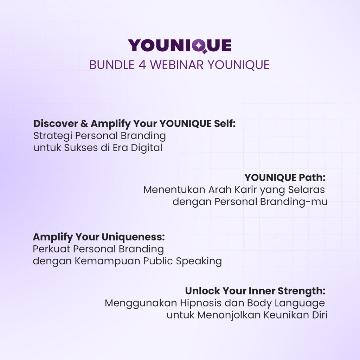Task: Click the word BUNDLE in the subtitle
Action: (112, 65)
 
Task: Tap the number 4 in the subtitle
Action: (142, 65)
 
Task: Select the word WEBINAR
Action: (177, 65)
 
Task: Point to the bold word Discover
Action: (56, 123)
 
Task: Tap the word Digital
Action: (147, 148)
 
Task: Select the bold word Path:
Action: (312, 178)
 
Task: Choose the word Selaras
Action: (306, 190)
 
